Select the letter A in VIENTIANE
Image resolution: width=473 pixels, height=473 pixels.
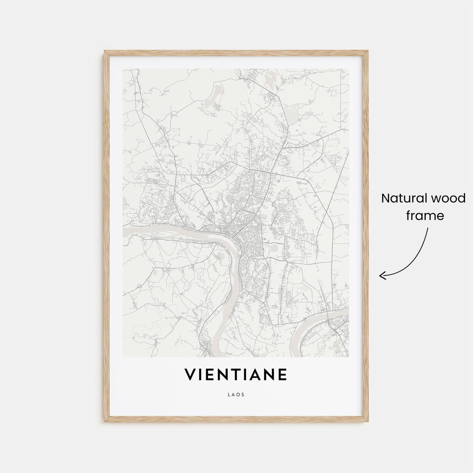coord(259,374)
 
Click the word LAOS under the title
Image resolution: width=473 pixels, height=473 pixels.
coord(236,395)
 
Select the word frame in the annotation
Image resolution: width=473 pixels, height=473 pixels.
coord(425,215)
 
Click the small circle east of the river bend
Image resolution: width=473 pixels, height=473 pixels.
coord(274,248)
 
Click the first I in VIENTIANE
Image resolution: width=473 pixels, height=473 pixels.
coord(201,374)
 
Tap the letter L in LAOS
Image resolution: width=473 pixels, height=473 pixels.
coord(229,395)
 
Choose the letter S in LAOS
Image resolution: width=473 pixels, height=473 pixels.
coord(243,395)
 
